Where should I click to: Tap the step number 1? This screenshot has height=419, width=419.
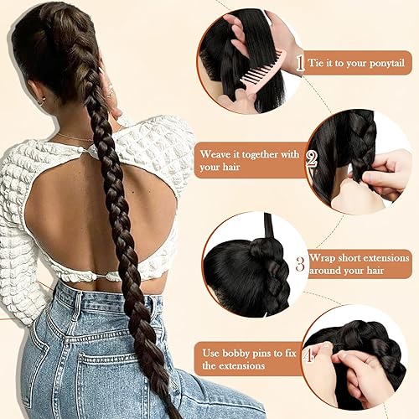point(299,61)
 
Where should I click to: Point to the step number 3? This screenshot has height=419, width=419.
point(299,262)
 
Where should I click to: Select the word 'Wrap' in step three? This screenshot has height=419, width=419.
point(323,257)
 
